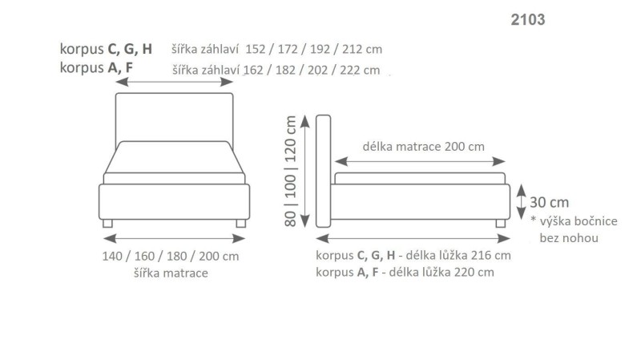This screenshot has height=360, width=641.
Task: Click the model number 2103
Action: pos(528,20)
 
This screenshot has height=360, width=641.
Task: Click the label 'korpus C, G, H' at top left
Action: pos(106,49)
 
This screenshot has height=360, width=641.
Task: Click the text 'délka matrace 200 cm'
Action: pos(423,147)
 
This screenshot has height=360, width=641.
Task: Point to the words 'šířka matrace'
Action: pos(171,273)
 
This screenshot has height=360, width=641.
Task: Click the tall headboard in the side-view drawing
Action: pos(324,170)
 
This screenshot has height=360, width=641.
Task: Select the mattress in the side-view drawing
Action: pos(419,178)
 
